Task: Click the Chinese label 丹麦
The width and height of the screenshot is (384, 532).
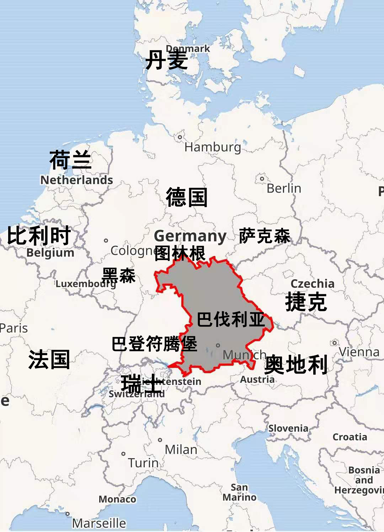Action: point(166,60)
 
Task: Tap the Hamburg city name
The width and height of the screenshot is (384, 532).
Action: point(213,147)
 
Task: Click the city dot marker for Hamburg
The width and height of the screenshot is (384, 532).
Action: point(180,137)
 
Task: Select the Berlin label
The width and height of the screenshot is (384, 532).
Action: point(284,188)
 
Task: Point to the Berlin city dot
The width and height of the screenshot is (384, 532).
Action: point(262,178)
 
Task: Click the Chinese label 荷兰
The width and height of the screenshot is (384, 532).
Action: point(70,160)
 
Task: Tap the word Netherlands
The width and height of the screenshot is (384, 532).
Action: point(76,180)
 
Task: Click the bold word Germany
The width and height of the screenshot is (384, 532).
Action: point(190,236)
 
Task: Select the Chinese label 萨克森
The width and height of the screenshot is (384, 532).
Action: point(265,236)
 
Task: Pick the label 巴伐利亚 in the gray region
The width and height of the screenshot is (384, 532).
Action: point(231,319)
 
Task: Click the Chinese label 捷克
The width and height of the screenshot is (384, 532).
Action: point(306,302)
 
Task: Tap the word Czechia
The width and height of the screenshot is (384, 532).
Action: point(313,284)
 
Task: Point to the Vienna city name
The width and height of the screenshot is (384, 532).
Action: point(359,352)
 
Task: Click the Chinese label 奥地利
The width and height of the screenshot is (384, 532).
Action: point(296,365)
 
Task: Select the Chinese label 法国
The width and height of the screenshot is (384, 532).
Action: point(49,359)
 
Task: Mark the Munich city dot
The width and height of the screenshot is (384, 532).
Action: point(218,345)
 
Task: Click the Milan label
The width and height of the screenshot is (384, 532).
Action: point(181,450)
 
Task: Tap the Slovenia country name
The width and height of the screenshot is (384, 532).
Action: point(288,428)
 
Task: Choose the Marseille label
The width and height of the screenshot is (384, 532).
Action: point(99,523)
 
